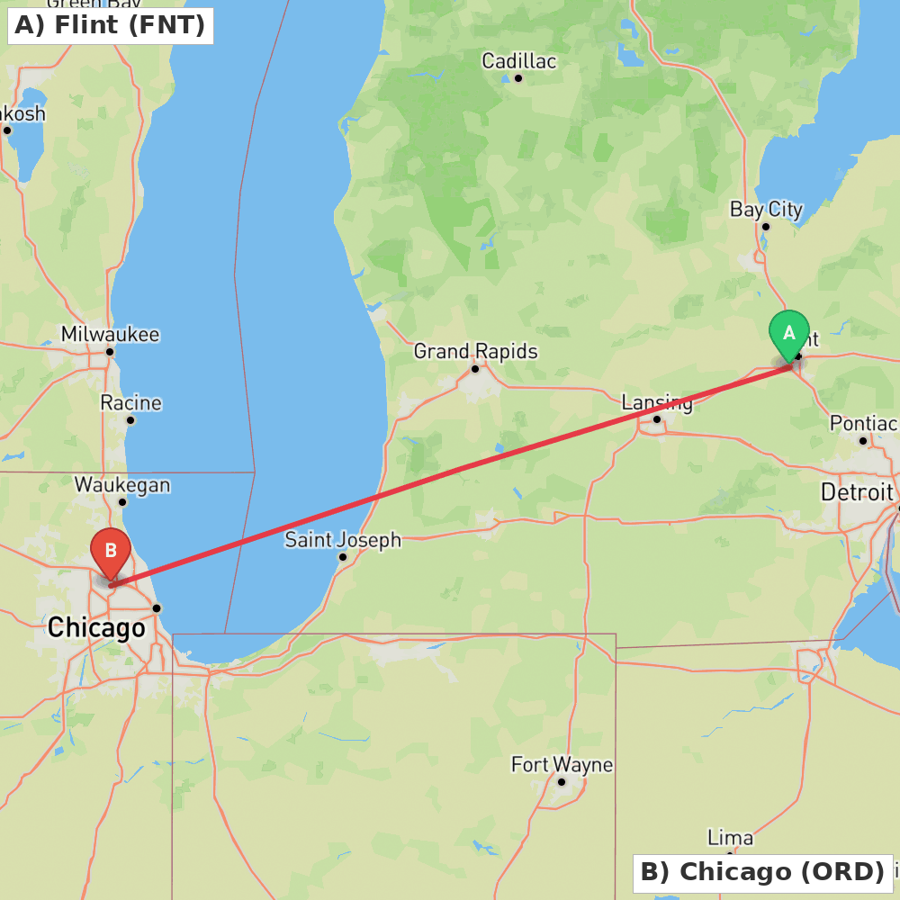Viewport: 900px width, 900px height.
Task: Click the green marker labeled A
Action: (789, 335)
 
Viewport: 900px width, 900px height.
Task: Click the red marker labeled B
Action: (111, 551)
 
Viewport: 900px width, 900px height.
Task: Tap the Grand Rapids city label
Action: (475, 351)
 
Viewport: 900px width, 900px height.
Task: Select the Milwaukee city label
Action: (110, 335)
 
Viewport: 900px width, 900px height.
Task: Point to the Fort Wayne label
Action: (562, 765)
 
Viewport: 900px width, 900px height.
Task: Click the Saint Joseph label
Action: (343, 540)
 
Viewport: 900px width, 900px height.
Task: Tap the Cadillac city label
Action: (518, 61)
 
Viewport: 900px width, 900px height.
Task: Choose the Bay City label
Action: (766, 210)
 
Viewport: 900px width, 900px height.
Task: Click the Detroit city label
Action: (857, 492)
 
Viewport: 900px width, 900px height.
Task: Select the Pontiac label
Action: (863, 423)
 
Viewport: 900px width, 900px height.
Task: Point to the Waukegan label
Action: (122, 484)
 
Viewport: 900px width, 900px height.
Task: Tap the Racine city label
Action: (130, 402)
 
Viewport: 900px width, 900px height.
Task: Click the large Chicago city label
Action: (96, 627)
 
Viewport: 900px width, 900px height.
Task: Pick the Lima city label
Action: (730, 838)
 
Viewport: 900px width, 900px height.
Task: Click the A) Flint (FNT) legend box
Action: (110, 25)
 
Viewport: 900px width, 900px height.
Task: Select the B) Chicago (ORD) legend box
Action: (762, 872)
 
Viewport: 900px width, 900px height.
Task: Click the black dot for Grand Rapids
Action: (475, 368)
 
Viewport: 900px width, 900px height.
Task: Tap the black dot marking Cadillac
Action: (518, 78)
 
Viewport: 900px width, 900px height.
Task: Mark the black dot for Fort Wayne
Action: (562, 781)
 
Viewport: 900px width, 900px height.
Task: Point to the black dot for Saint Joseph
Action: (343, 557)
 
